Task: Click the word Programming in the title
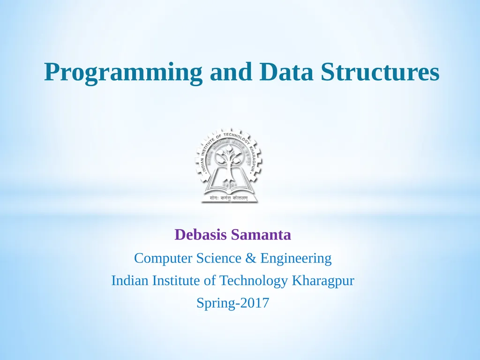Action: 123,73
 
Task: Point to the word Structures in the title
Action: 377,72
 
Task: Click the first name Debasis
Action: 201,235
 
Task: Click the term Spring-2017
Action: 233,304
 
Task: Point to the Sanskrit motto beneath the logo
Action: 230,198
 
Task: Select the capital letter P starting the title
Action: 52,72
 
